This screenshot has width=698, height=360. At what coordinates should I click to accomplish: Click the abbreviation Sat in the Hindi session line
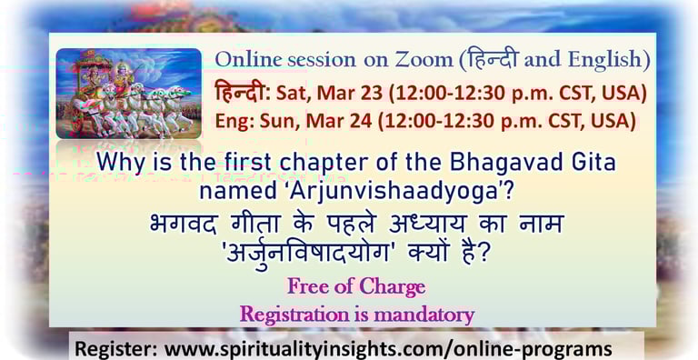pos(291,94)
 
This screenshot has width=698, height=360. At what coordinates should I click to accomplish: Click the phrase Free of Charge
pos(356,286)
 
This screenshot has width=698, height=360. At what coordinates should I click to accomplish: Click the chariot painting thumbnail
pos(129,93)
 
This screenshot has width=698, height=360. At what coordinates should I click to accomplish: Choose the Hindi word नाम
pos(542,225)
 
